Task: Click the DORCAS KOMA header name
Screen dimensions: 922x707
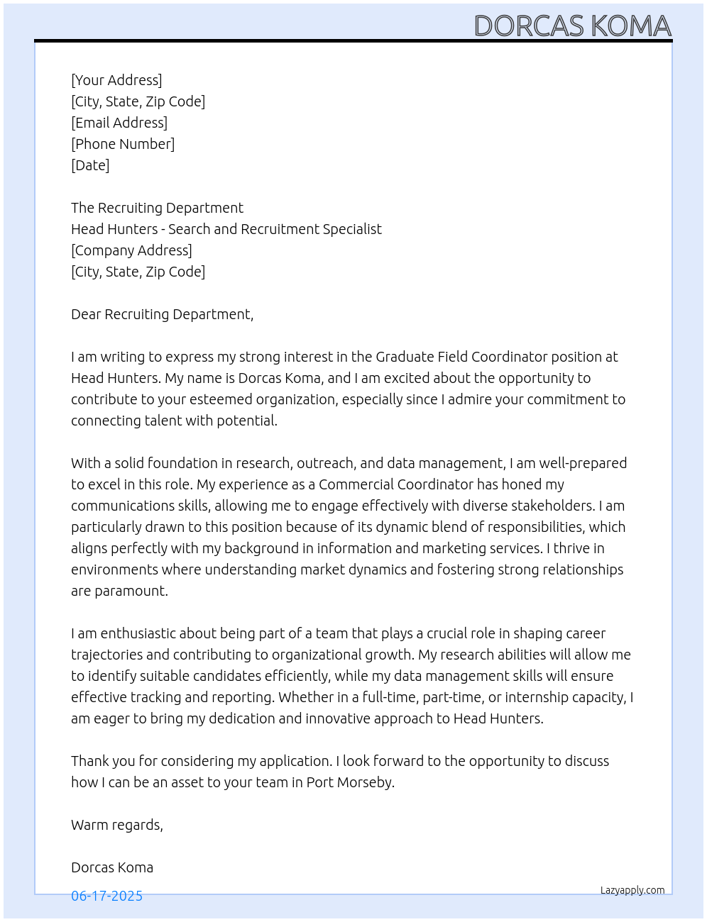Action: (x=572, y=26)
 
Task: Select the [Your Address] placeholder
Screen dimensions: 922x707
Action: (x=116, y=80)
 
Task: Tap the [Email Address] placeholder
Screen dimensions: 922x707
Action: (x=119, y=123)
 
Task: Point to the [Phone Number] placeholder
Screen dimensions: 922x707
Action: (x=123, y=144)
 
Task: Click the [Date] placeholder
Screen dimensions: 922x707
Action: (x=90, y=165)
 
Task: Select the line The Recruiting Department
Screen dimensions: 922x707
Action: (x=157, y=208)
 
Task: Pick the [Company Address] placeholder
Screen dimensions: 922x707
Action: (x=131, y=250)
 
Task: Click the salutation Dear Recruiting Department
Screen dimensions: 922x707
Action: (x=162, y=314)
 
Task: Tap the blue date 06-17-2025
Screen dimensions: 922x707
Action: (x=106, y=896)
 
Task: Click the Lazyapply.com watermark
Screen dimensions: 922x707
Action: (x=632, y=890)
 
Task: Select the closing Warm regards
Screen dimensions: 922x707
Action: (x=116, y=825)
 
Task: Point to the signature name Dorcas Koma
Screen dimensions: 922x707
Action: (x=112, y=867)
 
